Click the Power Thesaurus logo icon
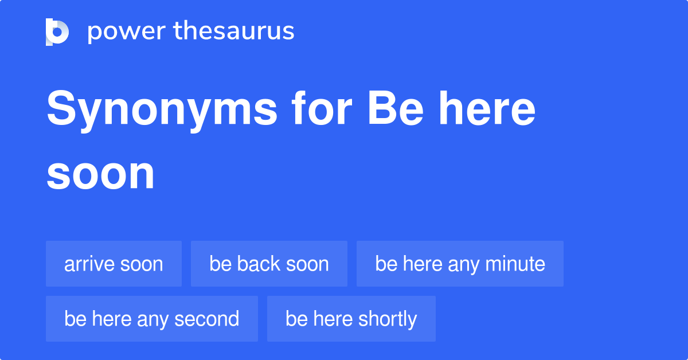coord(57,32)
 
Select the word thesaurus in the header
coord(234,32)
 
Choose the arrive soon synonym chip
coord(114,264)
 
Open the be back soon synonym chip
coord(269,264)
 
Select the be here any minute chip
coord(460,264)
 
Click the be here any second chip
coord(151,319)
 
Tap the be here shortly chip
coord(351,319)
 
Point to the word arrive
coord(88,264)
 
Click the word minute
coord(515,264)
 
